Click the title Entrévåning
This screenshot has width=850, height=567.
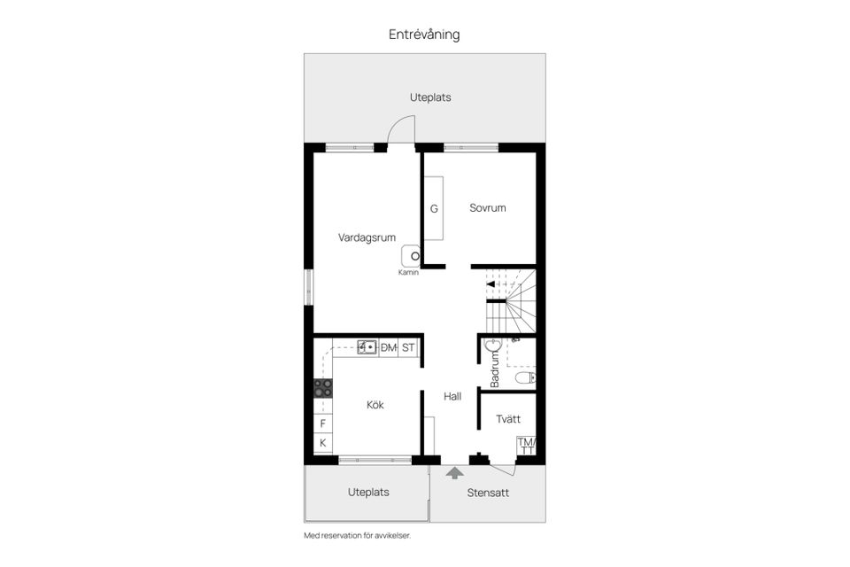(x=424, y=35)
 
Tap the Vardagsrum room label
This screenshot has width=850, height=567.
(x=367, y=237)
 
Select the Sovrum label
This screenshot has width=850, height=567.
(x=488, y=208)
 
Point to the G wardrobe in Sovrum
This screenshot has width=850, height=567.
(x=434, y=209)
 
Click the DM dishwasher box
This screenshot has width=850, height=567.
(x=388, y=347)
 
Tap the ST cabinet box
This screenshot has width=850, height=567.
(x=408, y=347)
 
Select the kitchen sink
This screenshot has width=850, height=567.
(x=367, y=347)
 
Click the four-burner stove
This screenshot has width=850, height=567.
(x=323, y=387)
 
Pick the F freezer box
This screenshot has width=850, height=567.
(x=323, y=424)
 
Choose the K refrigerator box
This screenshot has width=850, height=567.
(x=323, y=443)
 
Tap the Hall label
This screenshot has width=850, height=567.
(x=452, y=397)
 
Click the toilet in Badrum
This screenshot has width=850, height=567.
(x=525, y=378)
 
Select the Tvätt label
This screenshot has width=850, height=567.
(x=508, y=419)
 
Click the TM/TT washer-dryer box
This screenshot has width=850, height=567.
(x=527, y=446)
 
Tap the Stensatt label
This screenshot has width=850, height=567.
(x=488, y=493)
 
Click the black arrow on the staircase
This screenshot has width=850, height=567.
(x=491, y=283)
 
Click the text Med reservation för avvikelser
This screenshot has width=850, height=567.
(x=358, y=536)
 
